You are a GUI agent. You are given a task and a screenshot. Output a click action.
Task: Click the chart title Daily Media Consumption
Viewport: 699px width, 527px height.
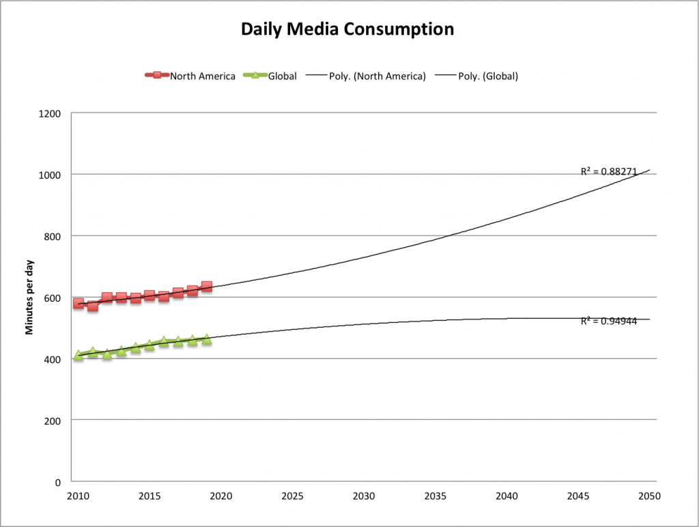point(347,29)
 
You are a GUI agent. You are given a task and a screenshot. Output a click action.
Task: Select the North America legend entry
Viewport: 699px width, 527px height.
point(189,76)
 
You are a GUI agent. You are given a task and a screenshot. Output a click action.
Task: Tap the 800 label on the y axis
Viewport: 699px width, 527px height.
point(54,236)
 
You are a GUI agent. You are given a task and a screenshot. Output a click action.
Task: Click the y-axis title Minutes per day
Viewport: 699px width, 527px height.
point(29,297)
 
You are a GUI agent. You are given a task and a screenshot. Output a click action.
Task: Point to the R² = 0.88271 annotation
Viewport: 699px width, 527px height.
point(608,171)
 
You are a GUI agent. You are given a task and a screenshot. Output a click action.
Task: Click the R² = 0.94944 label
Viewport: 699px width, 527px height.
point(608,320)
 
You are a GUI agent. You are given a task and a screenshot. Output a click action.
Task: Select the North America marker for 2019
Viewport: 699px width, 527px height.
point(207,287)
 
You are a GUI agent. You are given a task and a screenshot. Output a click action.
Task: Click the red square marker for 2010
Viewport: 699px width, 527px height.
point(79,303)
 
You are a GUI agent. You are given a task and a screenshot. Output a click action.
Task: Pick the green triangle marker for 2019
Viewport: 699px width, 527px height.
point(207,339)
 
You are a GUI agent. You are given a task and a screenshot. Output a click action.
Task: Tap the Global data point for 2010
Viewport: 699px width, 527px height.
point(79,355)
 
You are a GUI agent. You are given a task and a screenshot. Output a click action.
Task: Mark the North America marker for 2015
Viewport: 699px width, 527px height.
point(149,296)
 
